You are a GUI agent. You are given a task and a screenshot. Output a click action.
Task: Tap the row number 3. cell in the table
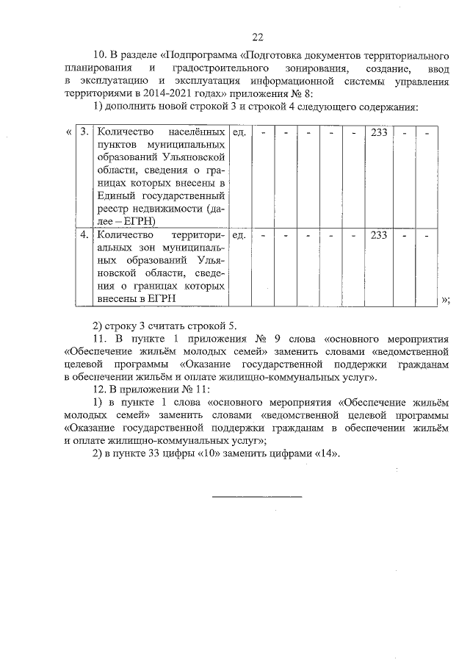point(84,132)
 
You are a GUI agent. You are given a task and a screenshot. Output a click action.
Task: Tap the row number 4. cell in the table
point(84,235)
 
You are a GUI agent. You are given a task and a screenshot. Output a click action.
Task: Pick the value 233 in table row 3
point(379,132)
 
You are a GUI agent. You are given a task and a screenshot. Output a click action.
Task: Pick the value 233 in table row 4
point(379,235)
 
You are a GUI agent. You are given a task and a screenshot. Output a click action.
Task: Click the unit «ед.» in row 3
point(239,132)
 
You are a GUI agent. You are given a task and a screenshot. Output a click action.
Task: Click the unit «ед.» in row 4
point(239,235)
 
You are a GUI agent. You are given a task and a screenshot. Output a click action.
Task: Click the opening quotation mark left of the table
point(68,132)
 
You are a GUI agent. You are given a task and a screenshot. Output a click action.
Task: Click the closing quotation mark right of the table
point(445,299)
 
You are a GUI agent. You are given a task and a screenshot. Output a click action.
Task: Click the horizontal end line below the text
point(257,497)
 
